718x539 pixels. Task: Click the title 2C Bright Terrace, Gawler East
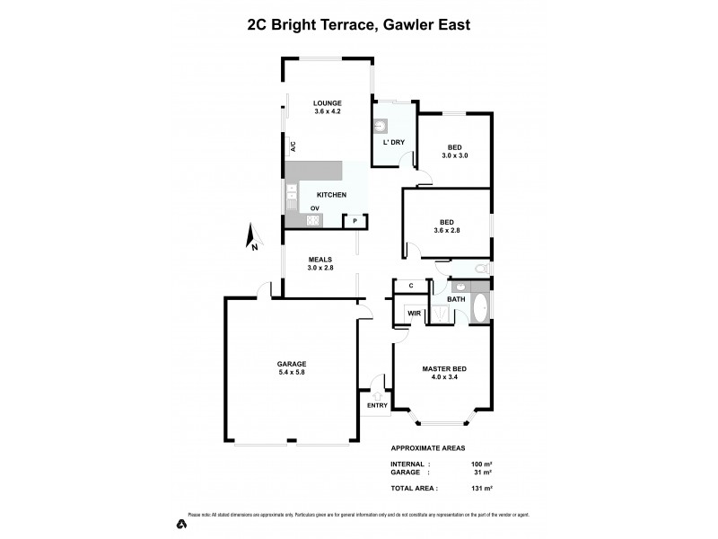point(358,26)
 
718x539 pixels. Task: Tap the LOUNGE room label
point(327,103)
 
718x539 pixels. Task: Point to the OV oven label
point(314,208)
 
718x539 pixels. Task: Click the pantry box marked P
point(355,220)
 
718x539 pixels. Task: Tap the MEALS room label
point(320,259)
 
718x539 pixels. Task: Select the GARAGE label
point(291,364)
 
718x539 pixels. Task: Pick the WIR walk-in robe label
point(414,313)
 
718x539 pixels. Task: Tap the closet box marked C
point(411,286)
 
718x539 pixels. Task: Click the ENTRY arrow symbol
point(377,394)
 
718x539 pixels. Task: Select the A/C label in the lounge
point(293,146)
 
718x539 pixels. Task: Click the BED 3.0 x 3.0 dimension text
point(455,156)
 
